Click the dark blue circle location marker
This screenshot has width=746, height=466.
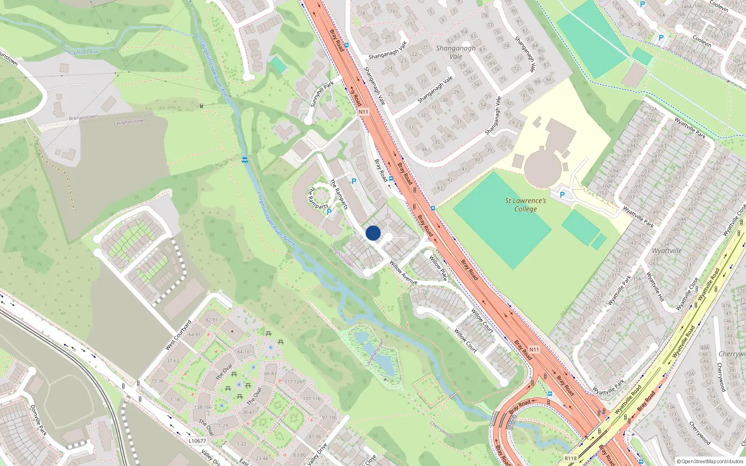(x=373, y=233)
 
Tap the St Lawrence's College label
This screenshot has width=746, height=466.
(x=525, y=205)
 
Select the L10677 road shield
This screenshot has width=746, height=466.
(x=197, y=440)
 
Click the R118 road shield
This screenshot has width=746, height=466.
(x=571, y=458)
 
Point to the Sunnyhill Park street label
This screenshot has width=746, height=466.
(x=322, y=94)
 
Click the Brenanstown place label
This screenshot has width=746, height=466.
(x=83, y=117)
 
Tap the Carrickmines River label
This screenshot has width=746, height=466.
(x=81, y=51)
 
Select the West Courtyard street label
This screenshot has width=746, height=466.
(x=179, y=335)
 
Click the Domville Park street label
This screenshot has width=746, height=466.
(x=39, y=420)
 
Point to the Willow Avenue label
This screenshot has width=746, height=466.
(x=403, y=273)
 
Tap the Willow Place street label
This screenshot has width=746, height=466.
(x=438, y=267)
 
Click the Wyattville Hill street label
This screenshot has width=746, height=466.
(x=655, y=287)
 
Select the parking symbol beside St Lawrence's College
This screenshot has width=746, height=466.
(x=562, y=195)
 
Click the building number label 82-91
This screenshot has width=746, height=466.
(x=211, y=320)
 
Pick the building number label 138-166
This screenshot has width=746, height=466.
(x=203, y=407)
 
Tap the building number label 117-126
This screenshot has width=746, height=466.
(x=294, y=382)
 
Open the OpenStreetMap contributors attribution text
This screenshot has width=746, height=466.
(x=710, y=461)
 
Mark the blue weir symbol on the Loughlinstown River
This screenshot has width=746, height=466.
(x=244, y=160)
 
